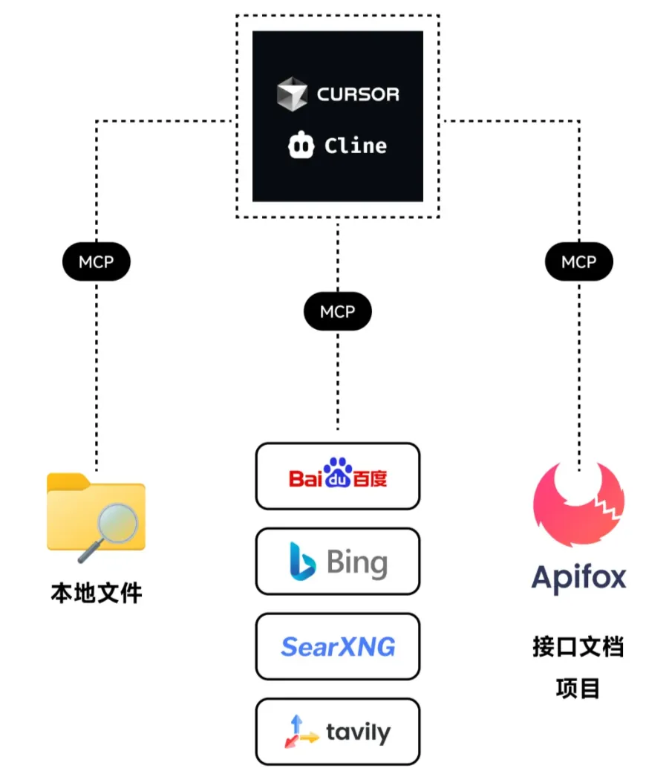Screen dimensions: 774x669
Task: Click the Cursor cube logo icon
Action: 292,95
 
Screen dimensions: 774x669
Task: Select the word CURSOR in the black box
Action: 358,94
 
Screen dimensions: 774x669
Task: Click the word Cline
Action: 356,146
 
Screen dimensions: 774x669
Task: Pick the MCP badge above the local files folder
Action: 97,261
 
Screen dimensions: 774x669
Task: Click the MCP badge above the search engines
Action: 338,312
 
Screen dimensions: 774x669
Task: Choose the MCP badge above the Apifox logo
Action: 578,261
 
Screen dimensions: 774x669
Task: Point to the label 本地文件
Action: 97,593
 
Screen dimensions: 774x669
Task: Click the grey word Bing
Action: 357,563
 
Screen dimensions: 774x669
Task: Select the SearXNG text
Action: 338,647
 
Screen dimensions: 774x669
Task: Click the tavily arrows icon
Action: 300,732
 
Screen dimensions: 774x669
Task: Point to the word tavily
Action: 358,733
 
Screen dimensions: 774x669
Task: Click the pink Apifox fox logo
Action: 579,505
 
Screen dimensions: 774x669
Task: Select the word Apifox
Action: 579,578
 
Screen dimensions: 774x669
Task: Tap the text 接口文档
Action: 578,647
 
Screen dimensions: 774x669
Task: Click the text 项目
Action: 578,689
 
